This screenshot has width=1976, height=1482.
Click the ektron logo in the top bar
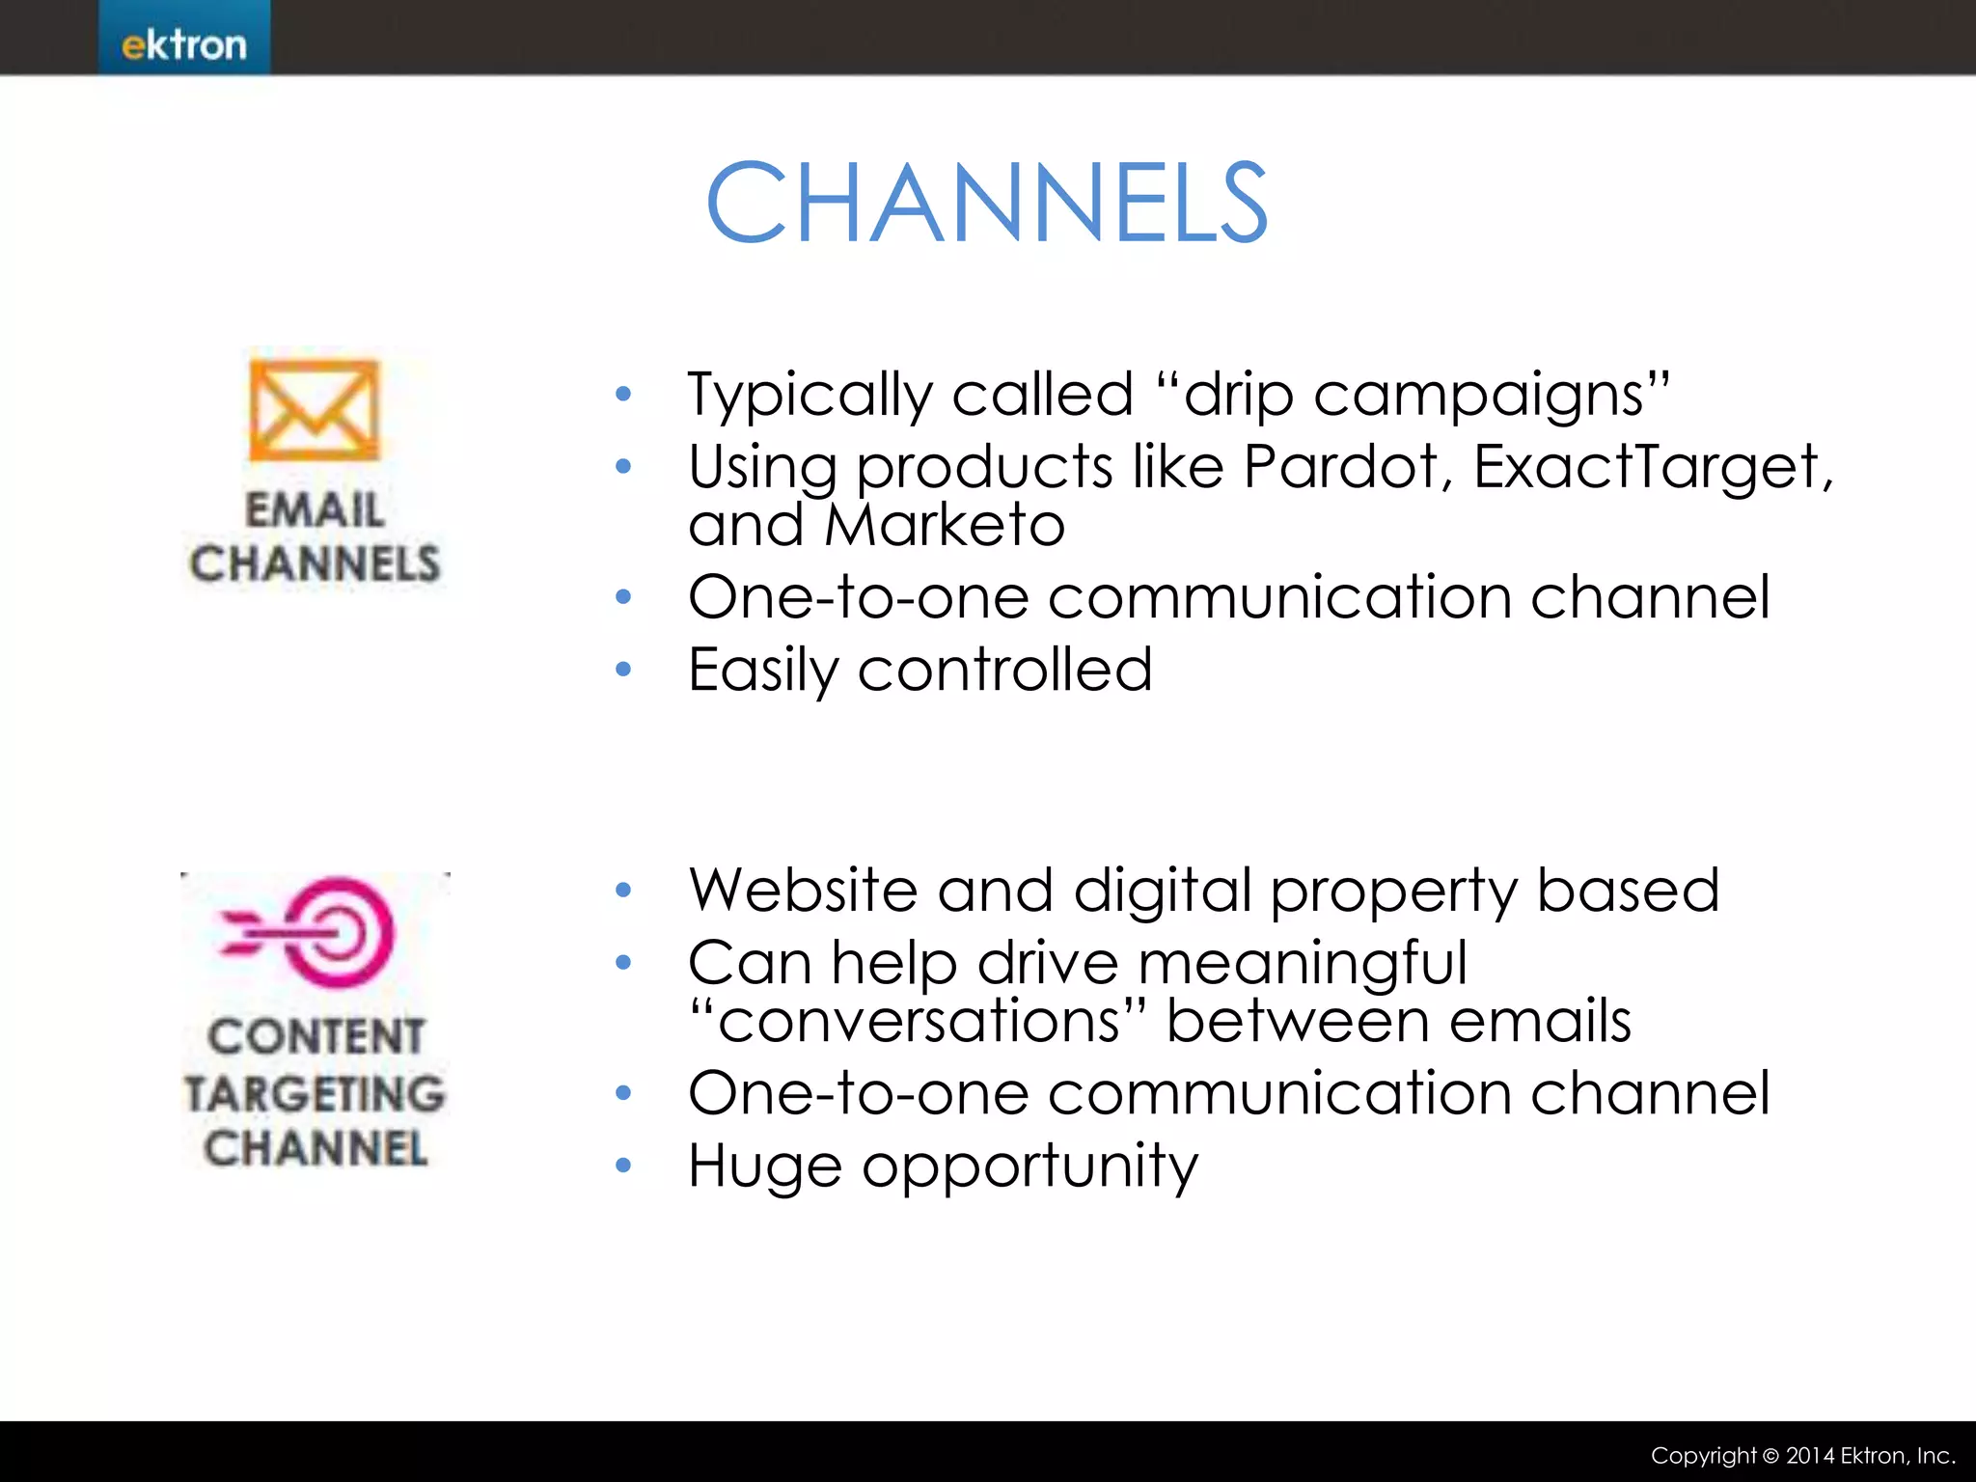(184, 44)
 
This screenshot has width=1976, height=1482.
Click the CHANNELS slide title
(986, 203)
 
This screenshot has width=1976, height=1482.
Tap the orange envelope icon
(315, 410)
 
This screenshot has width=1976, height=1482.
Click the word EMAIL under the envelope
(315, 509)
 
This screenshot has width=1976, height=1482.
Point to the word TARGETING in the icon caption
(315, 1093)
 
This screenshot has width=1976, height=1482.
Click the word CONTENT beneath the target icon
(315, 1037)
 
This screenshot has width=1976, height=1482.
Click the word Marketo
(945, 525)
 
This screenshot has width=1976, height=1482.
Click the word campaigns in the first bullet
(1492, 396)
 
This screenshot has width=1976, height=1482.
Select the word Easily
(763, 672)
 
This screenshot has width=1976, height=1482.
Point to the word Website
(802, 890)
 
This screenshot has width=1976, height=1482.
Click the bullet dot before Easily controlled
(623, 669)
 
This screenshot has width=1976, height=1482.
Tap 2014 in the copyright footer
(1810, 1456)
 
